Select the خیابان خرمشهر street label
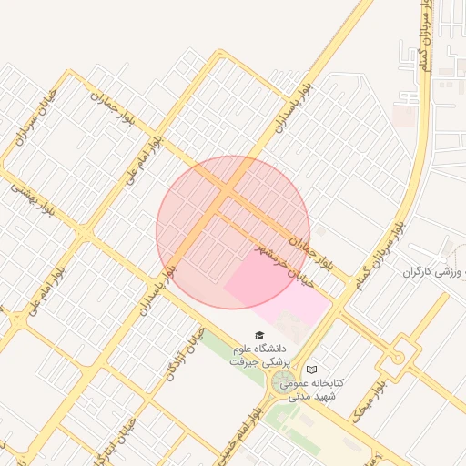click(283, 265)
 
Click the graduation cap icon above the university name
click(258, 335)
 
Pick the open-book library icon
click(312, 370)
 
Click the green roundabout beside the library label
click(284, 382)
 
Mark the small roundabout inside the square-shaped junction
click(398, 357)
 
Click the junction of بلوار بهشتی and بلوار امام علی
click(84, 233)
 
